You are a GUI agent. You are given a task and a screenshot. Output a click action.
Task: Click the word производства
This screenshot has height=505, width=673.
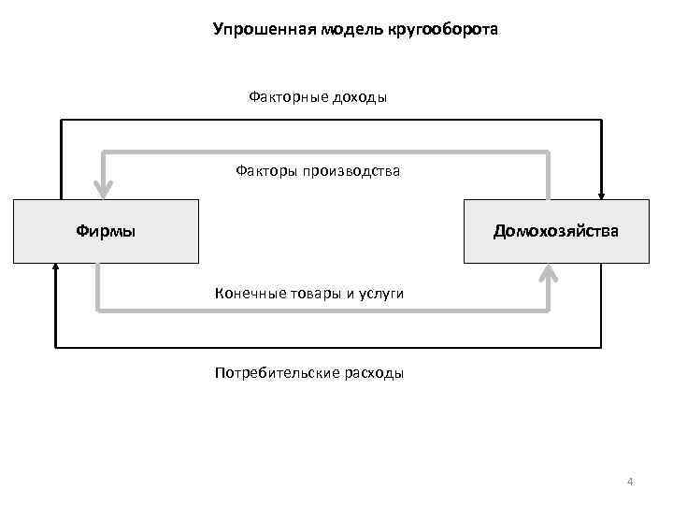point(350,170)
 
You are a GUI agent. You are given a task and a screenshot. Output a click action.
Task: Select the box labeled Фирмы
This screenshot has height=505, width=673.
point(106,230)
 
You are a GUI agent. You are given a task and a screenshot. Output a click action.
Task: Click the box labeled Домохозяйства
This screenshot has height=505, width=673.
point(555,230)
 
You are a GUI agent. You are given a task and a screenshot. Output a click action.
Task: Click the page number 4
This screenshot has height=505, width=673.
point(630,482)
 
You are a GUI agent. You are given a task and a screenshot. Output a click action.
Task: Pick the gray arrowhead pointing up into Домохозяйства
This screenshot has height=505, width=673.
point(549,273)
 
